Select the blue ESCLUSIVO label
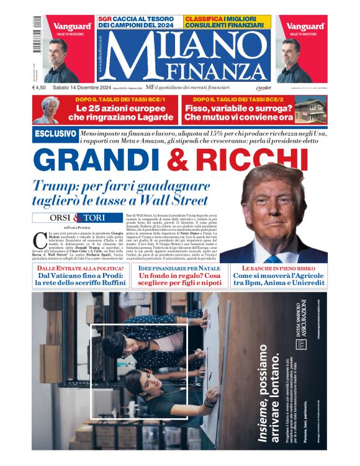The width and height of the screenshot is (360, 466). pos(55,134)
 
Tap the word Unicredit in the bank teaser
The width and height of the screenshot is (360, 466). pos(304,284)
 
